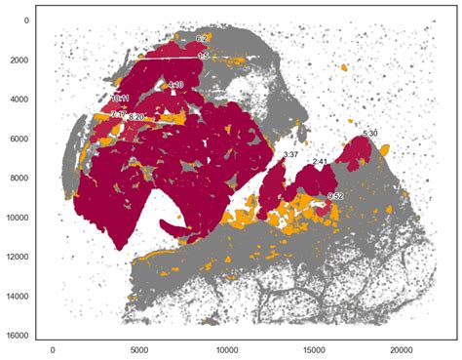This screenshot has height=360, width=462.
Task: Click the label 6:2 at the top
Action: click(x=202, y=39)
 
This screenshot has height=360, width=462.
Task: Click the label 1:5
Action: click(x=203, y=57)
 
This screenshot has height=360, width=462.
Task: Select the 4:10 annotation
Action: click(x=175, y=86)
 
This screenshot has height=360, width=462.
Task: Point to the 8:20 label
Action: click(x=136, y=117)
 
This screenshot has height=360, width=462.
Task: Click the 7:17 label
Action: click(x=118, y=114)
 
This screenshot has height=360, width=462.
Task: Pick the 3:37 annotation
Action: click(x=290, y=155)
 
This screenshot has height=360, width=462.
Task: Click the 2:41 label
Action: click(x=320, y=162)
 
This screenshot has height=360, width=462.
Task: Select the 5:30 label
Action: click(x=369, y=133)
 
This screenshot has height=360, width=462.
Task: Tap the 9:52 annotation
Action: click(x=336, y=197)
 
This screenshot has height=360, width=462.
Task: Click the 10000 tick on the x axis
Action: click(x=227, y=346)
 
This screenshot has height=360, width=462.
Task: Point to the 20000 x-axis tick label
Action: click(x=402, y=346)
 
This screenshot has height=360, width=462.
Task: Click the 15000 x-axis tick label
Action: click(x=315, y=346)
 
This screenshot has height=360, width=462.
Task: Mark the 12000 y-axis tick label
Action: click(x=19, y=257)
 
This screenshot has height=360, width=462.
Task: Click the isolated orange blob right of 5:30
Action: click(x=386, y=150)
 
